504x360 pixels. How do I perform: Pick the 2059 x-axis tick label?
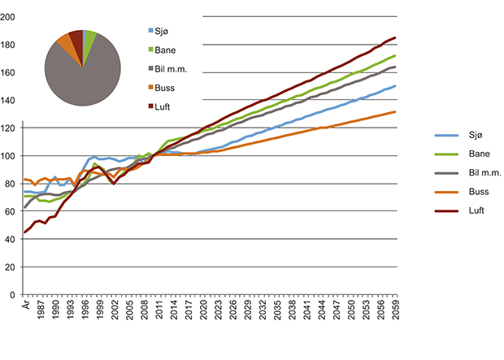click(395, 311)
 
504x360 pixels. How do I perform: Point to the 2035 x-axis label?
click(278, 311)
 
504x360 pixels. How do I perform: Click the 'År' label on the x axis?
click(24, 307)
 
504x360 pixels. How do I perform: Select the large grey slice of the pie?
click(81, 77)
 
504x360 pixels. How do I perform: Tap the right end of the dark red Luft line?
click(395, 37)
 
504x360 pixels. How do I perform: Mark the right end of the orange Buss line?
click(395, 112)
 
